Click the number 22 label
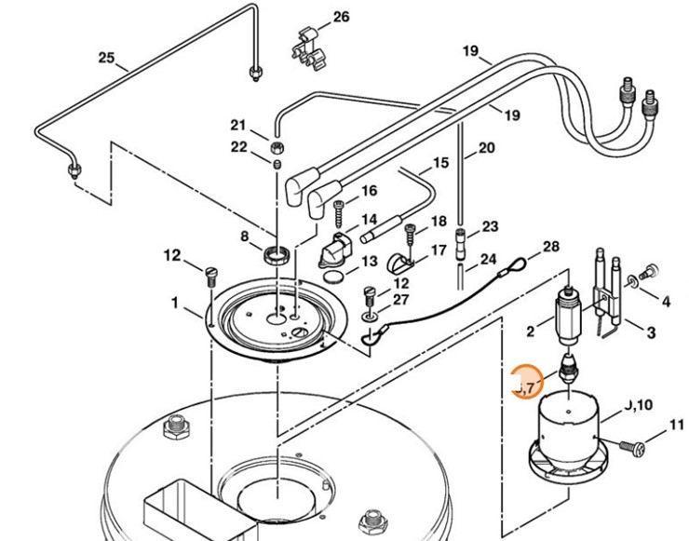(239, 147)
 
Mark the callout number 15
(439, 162)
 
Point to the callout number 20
(486, 147)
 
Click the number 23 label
(490, 226)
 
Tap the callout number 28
(551, 246)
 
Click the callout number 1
(173, 302)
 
